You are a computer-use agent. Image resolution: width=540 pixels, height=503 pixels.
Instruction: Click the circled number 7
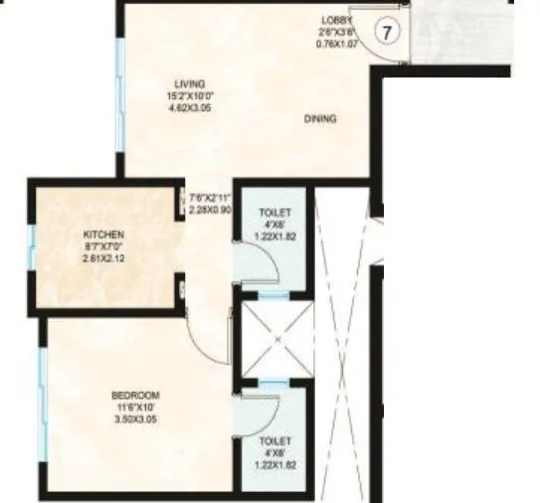pos(390,32)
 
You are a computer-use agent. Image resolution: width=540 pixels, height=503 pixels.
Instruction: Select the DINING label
pos(320,119)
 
